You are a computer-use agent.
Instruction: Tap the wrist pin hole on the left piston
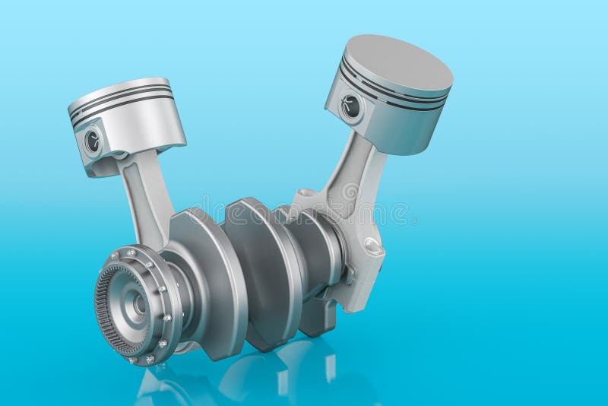click(93, 140)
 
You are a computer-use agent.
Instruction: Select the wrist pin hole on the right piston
click(350, 106)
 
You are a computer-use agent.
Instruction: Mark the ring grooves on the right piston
click(391, 95)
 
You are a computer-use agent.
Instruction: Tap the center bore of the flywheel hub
click(138, 304)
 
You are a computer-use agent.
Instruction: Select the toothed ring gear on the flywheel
click(106, 319)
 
